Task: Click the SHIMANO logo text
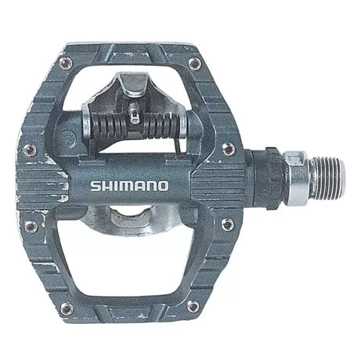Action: (129, 186)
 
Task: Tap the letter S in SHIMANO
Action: (95, 186)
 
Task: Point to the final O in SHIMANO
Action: (163, 186)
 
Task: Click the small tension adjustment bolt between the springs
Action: (135, 113)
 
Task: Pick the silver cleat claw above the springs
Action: (133, 84)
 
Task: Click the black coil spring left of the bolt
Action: (108, 125)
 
